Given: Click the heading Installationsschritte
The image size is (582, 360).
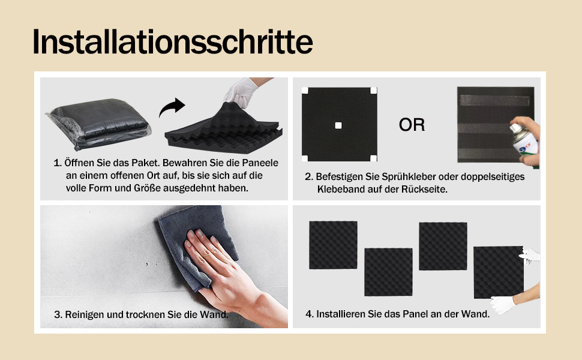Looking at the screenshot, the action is tap(173, 41).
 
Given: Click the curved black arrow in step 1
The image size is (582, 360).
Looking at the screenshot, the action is tap(171, 107).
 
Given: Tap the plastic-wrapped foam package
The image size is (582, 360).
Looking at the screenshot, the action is tap(98, 124).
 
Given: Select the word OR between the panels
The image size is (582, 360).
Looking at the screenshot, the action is tap(412, 125).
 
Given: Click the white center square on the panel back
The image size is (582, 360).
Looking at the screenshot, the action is tap(338, 125).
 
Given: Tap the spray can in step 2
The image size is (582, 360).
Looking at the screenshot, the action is tap(524, 143).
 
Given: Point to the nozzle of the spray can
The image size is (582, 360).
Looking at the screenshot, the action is tap(514, 128).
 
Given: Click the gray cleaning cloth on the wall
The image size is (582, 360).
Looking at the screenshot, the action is tap(197, 245).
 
